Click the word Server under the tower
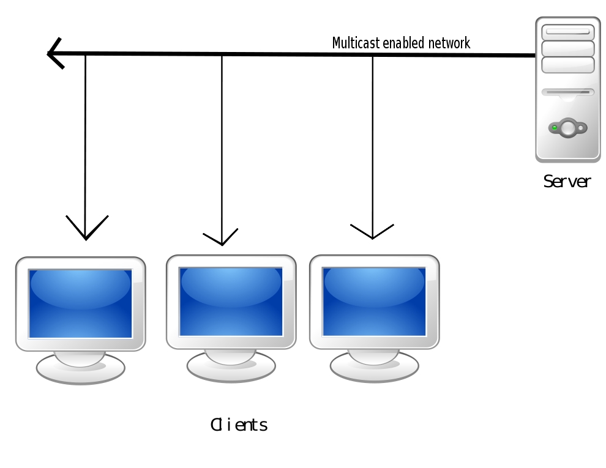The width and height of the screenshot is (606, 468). coord(567,182)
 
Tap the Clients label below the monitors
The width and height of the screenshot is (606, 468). coord(239,425)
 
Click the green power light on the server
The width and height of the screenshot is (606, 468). coord(555,128)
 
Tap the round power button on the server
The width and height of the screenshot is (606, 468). coord(569,128)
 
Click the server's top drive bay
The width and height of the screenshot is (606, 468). coord(568,32)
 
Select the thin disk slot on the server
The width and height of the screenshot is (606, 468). coord(568,92)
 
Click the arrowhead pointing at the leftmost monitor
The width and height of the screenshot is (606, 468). coord(86,231)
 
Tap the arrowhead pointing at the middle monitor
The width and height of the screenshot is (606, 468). coord(222,238)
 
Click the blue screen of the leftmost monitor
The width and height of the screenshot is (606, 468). coord(80,303)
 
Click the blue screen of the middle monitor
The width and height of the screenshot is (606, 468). coord(231,302)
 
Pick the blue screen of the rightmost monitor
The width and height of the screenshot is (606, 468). coord(374,302)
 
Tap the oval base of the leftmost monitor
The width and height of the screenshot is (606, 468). coord(80,368)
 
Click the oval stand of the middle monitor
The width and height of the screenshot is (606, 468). coord(231,366)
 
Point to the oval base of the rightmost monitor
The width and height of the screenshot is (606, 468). coord(374,366)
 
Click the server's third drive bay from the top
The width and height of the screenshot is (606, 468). coord(568,65)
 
